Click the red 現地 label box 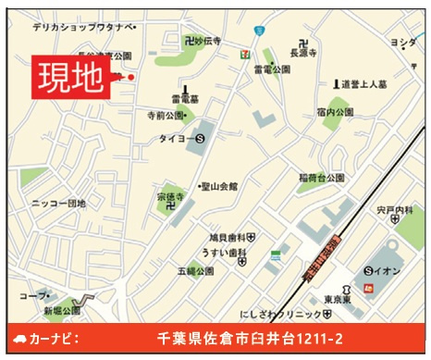[x=70, y=77]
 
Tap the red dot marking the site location [x=131, y=77]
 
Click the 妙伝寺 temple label [x=205, y=41]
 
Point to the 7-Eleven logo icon [x=243, y=54]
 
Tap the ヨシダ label [x=402, y=43]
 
